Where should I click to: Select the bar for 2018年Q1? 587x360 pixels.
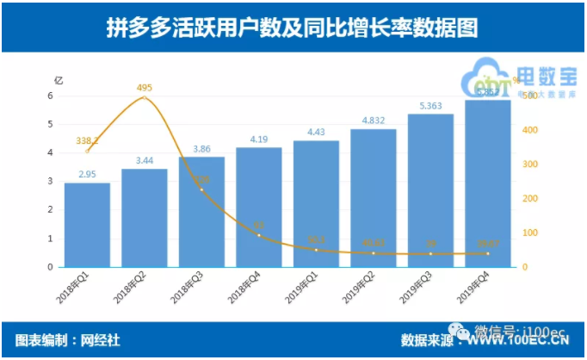[x=87, y=225]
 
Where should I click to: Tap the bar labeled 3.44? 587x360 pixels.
[x=144, y=218]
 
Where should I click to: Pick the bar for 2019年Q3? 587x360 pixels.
[x=430, y=190]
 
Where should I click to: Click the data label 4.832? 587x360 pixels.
[x=373, y=120]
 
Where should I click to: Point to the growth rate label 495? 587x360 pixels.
[x=144, y=87]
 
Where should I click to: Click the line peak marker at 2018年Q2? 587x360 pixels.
[x=144, y=97]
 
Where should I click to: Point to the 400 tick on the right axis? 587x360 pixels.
[x=531, y=130]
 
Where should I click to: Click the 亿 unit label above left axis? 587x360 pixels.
[x=59, y=80]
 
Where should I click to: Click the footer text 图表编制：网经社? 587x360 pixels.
[x=68, y=340]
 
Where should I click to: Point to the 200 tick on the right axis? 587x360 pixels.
[x=531, y=199]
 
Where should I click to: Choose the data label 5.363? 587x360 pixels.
[x=430, y=105]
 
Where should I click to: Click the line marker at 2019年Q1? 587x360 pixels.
[x=316, y=250]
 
